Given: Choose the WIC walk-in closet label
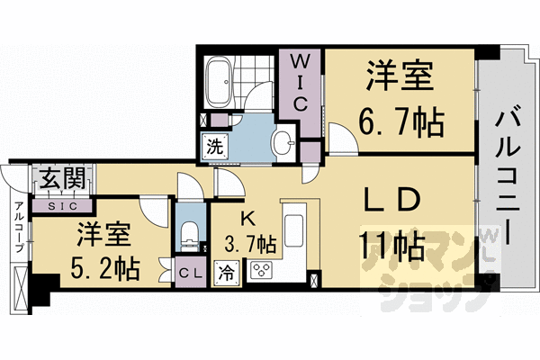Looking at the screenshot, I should coord(301,84).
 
